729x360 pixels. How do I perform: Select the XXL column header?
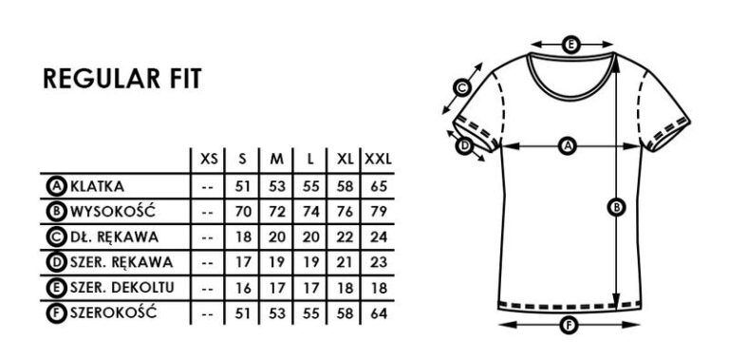coord(378,158)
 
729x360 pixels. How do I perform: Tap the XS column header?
coord(209,158)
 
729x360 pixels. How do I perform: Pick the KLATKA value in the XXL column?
coord(378,183)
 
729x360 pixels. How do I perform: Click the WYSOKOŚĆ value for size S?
coord(243,209)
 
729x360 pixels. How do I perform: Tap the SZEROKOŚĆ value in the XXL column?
coord(378,312)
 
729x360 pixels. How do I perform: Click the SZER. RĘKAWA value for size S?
coord(243,260)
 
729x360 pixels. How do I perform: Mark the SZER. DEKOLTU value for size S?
coord(243,286)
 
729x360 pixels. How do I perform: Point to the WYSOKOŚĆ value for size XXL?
coord(378,209)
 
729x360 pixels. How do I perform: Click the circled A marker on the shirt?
coord(569,145)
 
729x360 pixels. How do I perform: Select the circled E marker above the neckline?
coord(570,44)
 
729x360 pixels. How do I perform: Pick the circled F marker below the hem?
coord(569,326)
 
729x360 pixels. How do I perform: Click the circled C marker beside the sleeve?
coord(462,88)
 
